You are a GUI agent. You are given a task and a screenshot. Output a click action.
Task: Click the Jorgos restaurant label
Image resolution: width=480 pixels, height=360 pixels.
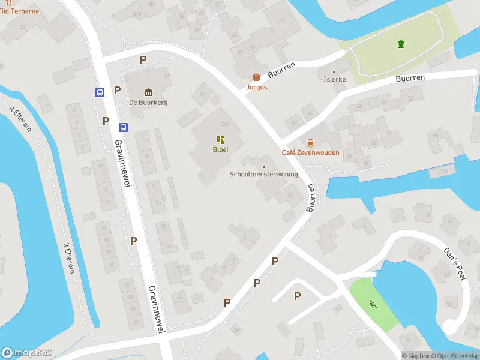point(256,87)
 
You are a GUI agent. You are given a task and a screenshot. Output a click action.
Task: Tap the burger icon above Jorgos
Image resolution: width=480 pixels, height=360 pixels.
point(256,77)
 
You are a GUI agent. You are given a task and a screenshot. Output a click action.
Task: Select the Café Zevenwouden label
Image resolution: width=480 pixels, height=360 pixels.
point(310,152)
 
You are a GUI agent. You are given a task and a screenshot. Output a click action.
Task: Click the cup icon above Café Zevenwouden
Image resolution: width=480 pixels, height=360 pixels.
point(310,143)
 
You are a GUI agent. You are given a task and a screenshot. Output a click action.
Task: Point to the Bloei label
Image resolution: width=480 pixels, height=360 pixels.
point(220,149)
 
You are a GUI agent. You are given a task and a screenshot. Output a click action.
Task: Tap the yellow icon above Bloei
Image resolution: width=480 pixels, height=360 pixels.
point(220,139)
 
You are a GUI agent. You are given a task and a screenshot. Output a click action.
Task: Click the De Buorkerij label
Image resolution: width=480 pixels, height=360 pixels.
point(148,103)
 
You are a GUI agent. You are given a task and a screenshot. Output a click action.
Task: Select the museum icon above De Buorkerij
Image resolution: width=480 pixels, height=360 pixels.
point(148,92)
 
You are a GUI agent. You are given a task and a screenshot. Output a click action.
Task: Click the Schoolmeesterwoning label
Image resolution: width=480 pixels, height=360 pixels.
point(263,175)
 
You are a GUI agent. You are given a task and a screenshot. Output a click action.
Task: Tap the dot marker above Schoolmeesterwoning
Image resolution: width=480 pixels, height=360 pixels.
point(263,166)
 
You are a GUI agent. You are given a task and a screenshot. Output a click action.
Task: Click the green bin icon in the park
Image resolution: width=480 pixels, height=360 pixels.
point(401,43)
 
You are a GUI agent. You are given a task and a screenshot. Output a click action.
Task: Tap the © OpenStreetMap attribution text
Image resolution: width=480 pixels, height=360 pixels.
point(454,356)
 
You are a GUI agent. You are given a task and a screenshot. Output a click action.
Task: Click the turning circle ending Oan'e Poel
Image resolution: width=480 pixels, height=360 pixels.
point(451,326)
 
